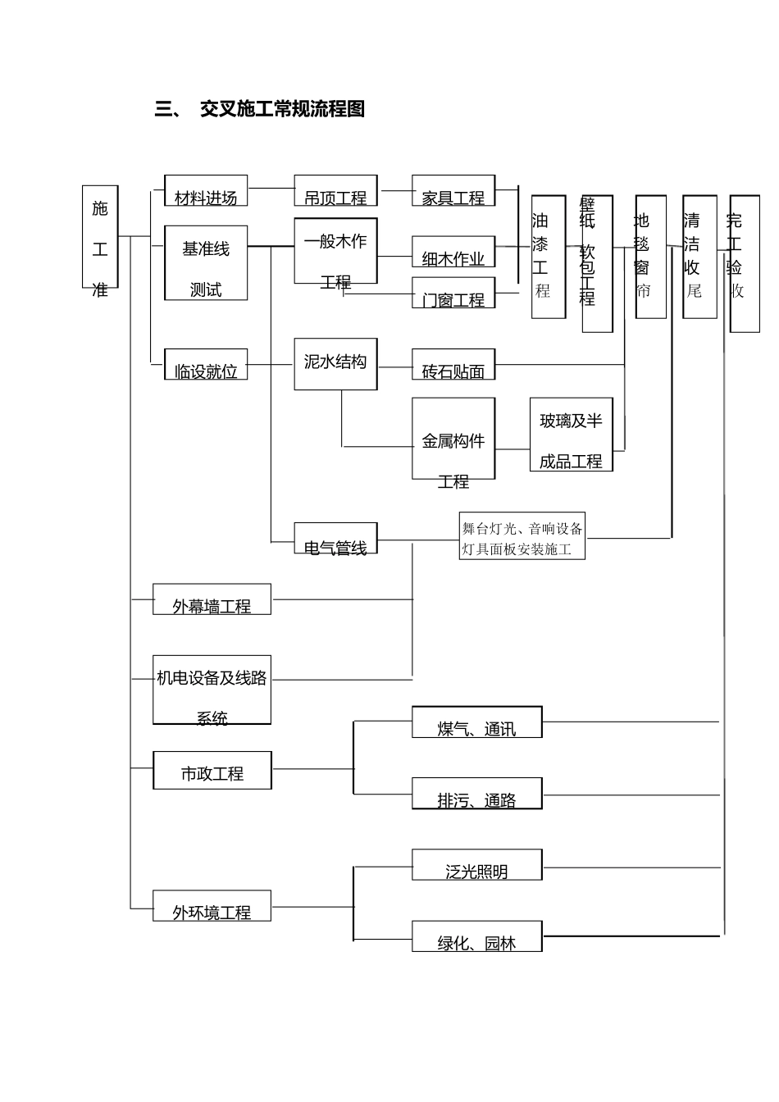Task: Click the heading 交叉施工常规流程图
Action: (282, 109)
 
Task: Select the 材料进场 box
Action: (206, 191)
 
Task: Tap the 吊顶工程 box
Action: (335, 191)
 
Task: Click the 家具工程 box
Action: (453, 191)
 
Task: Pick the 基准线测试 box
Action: (206, 263)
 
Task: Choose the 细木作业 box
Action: (453, 252)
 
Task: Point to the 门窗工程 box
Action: (453, 293)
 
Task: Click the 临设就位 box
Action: (206, 365)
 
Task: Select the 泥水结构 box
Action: (335, 363)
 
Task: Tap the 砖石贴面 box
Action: (453, 365)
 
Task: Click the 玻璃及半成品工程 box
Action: (571, 435)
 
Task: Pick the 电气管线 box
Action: (335, 539)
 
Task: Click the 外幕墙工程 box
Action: (212, 599)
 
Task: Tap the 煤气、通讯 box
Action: (476, 722)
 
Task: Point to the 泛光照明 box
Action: (476, 865)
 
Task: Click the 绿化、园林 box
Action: (476, 936)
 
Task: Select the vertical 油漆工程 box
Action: (548, 257)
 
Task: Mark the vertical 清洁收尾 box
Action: (699, 257)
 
